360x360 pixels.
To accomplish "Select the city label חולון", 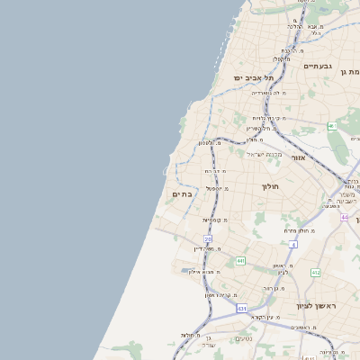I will coord(271,187).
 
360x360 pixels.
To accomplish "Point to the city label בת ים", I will coord(182,194).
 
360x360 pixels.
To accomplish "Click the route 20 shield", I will coord(208,239).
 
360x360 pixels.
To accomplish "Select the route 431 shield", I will coord(242,309).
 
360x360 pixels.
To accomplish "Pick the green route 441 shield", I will coord(240,261).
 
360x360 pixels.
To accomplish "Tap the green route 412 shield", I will coord(316,272).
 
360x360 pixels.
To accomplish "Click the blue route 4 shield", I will coord(293,244).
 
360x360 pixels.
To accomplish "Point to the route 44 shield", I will coord(345,217).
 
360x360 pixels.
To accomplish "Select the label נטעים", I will coord(243,337).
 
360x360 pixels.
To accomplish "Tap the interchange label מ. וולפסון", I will coord(211,143).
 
